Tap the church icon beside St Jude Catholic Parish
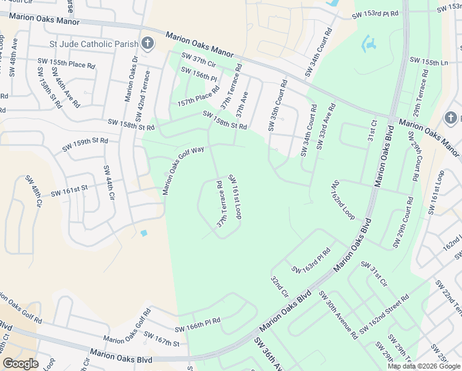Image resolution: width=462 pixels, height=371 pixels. pos(147,43)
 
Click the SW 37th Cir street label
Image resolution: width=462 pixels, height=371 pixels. pos(198,61)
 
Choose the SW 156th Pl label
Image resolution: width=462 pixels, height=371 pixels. pos(199,75)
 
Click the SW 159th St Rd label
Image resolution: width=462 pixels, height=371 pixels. pos(85,145)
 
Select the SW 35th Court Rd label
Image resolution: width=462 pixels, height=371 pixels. pos(277,105)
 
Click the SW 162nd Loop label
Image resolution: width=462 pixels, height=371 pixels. pos(343,200)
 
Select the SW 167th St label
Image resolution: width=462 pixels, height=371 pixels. pos(161,339)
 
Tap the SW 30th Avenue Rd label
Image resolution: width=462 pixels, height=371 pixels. pos(338,315)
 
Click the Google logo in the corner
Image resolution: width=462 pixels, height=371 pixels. pos(21,364)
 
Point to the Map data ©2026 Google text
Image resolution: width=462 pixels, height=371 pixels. pos(423,366)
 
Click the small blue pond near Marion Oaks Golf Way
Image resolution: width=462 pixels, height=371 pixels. pos(144,232)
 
